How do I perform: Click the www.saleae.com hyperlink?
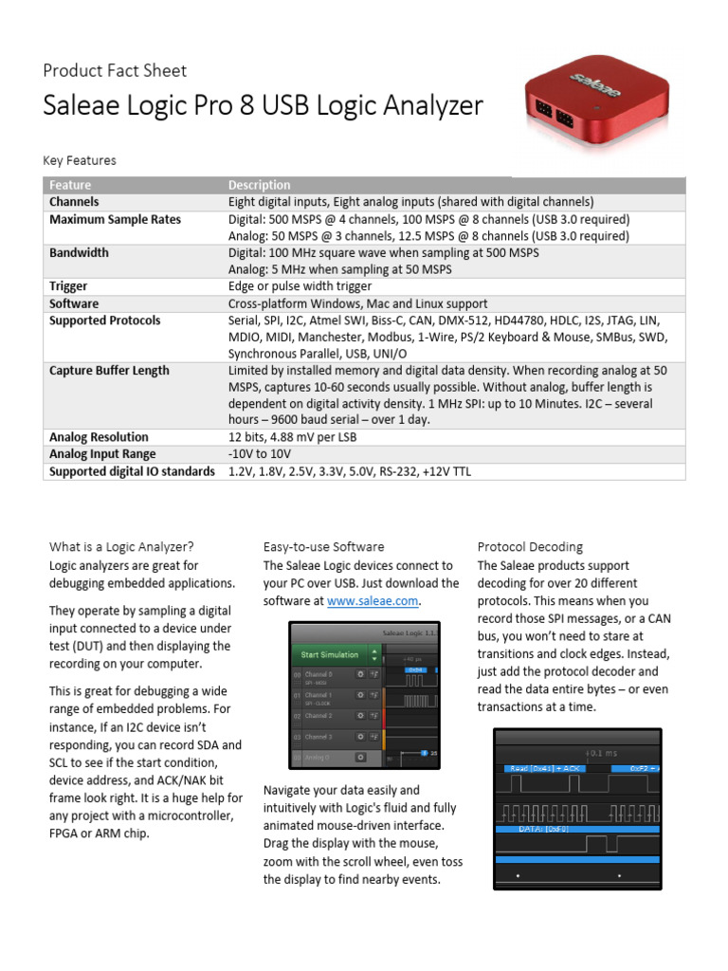373,601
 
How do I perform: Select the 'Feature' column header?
70,185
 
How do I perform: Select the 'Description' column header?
260,185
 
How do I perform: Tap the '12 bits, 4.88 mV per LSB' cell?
299,437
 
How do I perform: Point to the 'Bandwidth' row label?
79,253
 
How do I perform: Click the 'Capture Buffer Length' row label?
109,371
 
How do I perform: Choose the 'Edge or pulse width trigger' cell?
300,286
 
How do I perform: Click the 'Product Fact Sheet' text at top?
115,70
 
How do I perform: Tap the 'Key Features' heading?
80,160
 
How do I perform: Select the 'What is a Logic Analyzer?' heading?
121,546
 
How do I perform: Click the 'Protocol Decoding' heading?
530,546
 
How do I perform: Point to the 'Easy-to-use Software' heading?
323,546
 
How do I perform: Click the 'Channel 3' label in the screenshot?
318,736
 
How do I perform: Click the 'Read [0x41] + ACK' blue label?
545,768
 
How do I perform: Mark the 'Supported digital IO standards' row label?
132,471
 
